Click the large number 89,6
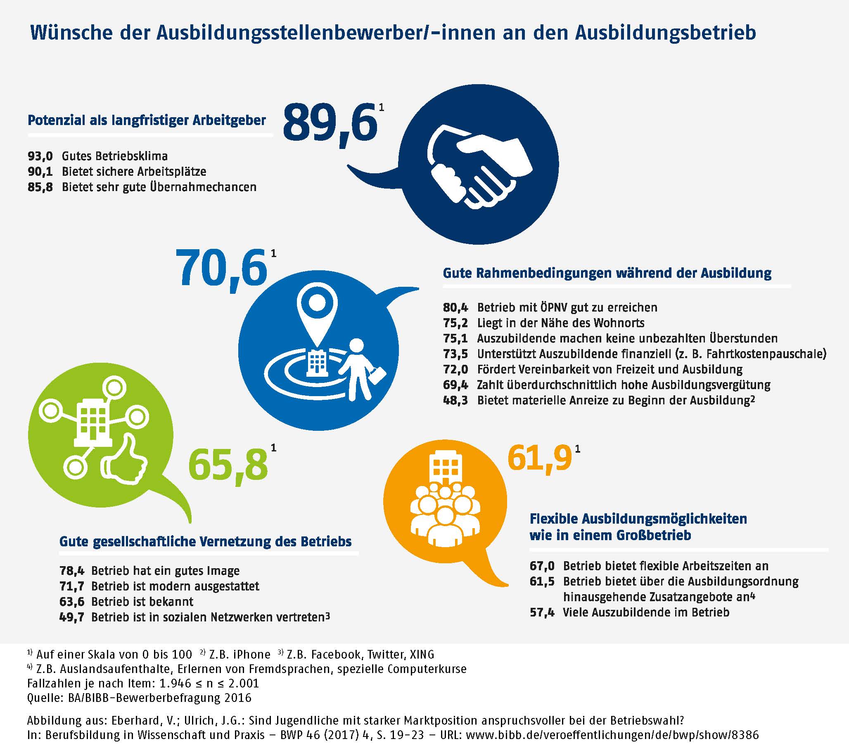click(330, 123)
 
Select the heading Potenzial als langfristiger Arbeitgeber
click(147, 120)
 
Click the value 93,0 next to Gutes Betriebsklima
click(40, 156)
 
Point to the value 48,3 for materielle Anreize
click(455, 400)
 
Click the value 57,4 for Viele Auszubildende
click(542, 612)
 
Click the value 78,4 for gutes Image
click(71, 571)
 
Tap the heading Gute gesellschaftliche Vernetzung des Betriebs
click(205, 541)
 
